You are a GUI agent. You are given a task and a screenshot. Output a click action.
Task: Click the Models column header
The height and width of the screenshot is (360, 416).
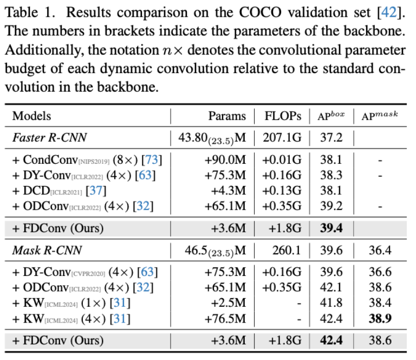[x=32, y=116]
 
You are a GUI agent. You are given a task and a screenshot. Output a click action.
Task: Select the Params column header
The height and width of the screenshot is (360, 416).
[x=227, y=116]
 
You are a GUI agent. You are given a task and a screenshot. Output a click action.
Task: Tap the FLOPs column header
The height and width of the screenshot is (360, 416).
[x=283, y=116]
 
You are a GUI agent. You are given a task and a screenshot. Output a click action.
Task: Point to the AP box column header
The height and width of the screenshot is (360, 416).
[x=330, y=116]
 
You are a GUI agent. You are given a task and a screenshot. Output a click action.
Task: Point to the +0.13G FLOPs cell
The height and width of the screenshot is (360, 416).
[x=282, y=190]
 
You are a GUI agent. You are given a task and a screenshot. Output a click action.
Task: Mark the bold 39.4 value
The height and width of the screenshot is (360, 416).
[x=331, y=228]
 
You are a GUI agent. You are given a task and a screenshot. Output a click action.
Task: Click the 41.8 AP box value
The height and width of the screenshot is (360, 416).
[x=331, y=303]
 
